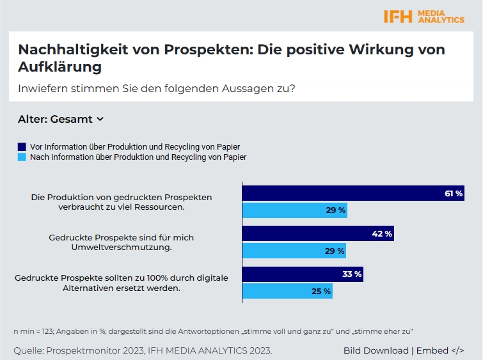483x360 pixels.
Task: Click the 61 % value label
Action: (454, 193)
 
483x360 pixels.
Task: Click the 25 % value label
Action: (322, 291)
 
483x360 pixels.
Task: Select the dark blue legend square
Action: (22, 146)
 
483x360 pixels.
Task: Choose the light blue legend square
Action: (22, 157)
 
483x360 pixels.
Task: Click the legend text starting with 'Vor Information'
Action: (135, 146)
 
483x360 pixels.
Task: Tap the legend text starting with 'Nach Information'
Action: (138, 157)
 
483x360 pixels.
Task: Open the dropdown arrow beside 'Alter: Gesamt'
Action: (100, 119)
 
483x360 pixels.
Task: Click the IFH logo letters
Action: (398, 17)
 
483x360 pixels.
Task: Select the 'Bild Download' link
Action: (376, 350)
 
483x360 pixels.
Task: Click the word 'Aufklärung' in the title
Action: (60, 66)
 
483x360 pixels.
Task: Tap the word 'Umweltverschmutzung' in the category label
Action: (122, 247)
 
